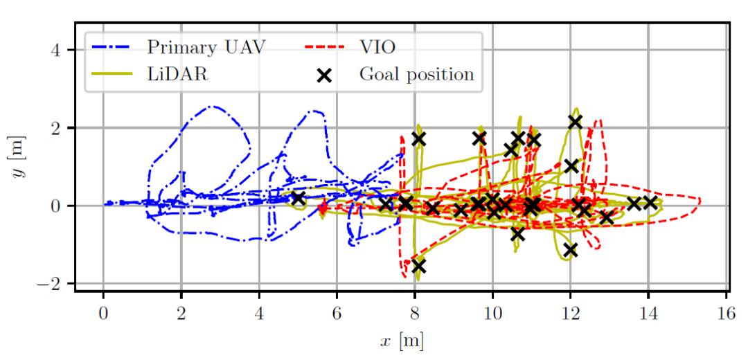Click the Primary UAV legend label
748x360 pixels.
[206, 47]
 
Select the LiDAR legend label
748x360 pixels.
[177, 73]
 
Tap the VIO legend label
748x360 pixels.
[377, 47]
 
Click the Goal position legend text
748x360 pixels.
[416, 73]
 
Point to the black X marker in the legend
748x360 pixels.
[323, 75]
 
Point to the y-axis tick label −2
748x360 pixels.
[52, 284]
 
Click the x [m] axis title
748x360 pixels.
[402, 341]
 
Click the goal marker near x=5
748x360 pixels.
[298, 199]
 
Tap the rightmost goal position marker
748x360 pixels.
[650, 202]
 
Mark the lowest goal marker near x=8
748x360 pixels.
[418, 267]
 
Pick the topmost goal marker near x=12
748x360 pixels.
[576, 121]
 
